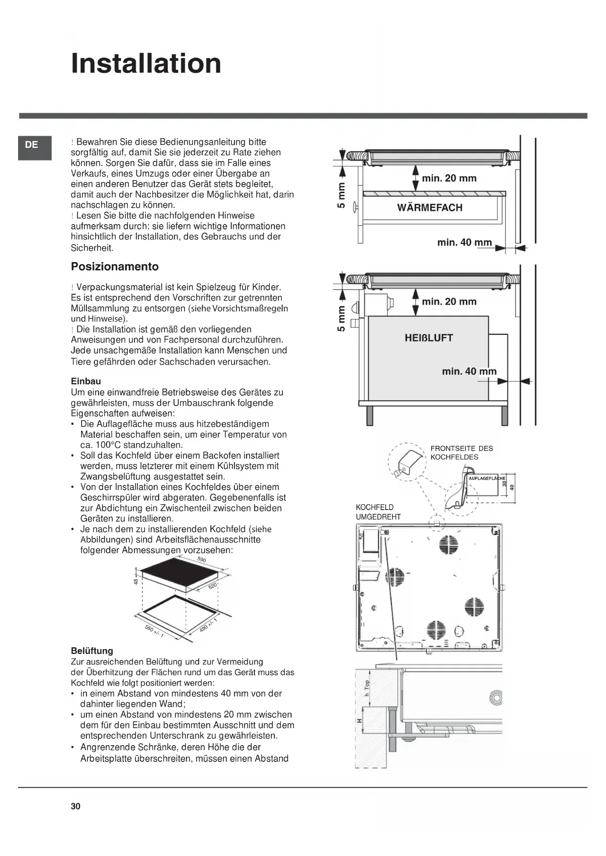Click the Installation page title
tap(146, 63)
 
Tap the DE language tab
tap(32, 145)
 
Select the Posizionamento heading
tap(115, 266)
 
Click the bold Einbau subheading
tap(86, 381)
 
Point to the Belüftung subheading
tap(92, 651)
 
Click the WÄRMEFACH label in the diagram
tap(430, 208)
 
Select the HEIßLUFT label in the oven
tap(429, 338)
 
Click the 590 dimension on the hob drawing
tap(202, 560)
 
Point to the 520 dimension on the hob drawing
tap(212, 586)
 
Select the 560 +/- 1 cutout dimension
tap(154, 631)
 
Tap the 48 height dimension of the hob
tap(136, 581)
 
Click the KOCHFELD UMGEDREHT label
tap(378, 512)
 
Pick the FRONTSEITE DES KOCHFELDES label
tap(461, 453)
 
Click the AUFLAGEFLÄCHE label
tap(486, 478)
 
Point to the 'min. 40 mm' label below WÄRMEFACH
tap(464, 243)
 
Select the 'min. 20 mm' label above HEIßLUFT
tap(449, 302)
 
